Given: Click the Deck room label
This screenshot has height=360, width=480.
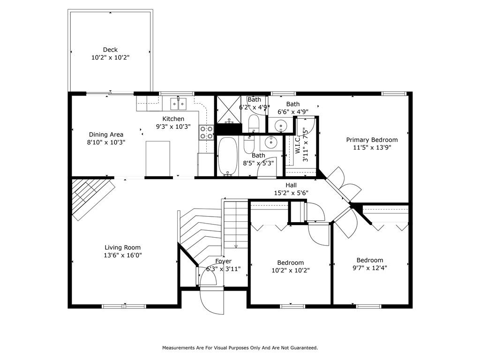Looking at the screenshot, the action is click(x=110, y=50).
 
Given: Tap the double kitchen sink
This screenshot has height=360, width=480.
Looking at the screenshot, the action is click(x=179, y=104).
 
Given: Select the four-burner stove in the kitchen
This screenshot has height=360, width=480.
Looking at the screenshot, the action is click(x=206, y=133).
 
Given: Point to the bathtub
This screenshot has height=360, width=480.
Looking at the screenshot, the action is click(x=227, y=157).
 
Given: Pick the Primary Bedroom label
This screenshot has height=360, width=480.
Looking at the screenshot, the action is click(x=372, y=140).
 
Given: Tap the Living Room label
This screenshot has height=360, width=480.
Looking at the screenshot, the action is click(x=122, y=247).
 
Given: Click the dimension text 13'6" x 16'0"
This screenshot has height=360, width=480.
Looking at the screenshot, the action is click(x=122, y=255).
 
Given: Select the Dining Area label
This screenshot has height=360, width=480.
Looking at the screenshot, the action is click(x=106, y=135).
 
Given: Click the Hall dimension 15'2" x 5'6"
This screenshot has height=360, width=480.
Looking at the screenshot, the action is click(x=291, y=193).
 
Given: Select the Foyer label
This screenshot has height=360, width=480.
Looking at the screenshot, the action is click(x=223, y=261).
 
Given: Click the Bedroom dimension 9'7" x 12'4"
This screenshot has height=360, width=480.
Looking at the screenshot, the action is click(x=370, y=268).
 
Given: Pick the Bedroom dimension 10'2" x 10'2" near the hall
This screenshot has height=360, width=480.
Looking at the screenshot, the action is click(x=291, y=270).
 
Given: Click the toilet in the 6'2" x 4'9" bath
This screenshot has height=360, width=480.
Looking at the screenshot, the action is click(x=254, y=123).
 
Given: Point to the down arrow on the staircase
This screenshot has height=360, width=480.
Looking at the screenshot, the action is click(x=236, y=246).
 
